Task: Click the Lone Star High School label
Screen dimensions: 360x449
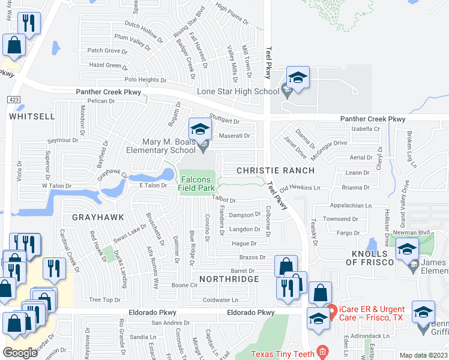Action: tap(247, 91)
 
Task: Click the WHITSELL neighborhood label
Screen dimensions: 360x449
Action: tap(33, 116)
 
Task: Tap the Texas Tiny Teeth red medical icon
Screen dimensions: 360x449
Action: tap(322, 353)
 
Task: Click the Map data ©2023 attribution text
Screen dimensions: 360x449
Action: tap(423, 355)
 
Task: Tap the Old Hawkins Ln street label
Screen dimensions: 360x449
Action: tap(300, 188)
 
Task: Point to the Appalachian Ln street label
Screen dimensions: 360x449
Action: tap(351, 205)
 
